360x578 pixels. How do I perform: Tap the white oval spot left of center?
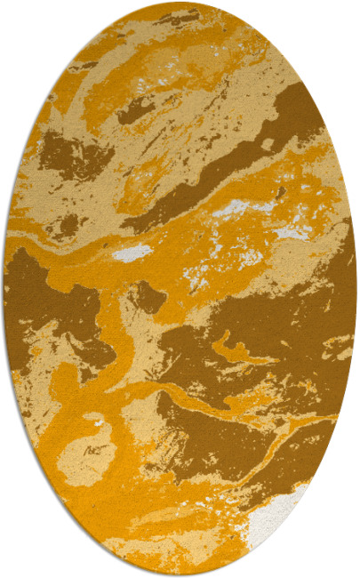[132, 253]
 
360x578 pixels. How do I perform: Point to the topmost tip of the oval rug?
[180, 3]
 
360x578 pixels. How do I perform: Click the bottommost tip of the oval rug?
[180, 575]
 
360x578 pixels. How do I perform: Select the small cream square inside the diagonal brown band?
[267, 143]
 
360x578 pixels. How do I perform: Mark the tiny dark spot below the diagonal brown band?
[280, 191]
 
